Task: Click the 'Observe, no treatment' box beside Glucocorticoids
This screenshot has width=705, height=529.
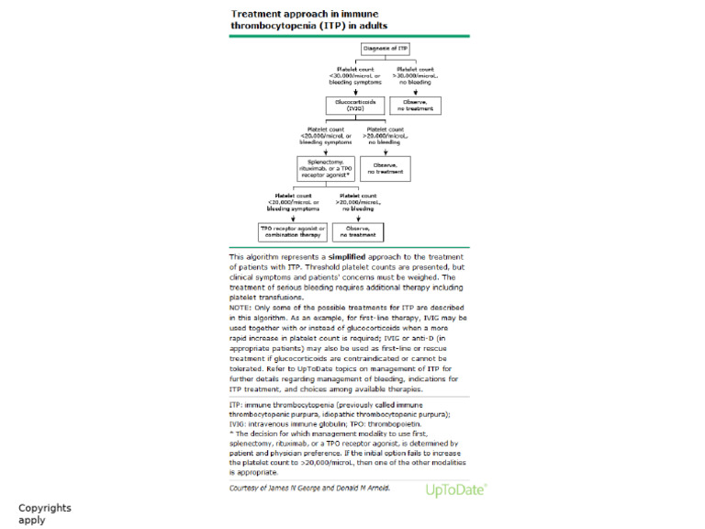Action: coord(415,105)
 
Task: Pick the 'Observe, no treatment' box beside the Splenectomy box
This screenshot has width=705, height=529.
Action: coord(385,169)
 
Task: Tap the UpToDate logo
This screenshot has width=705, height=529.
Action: coord(456,490)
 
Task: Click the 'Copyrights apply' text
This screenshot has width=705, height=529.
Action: coord(44,513)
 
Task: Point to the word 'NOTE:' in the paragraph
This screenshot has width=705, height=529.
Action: coord(243,305)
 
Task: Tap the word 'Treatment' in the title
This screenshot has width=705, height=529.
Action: coord(263,15)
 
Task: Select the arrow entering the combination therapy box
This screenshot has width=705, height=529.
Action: coord(292,219)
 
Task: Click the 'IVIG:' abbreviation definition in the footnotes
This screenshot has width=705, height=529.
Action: coord(241,424)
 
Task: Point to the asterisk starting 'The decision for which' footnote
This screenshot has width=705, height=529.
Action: coord(231,433)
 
